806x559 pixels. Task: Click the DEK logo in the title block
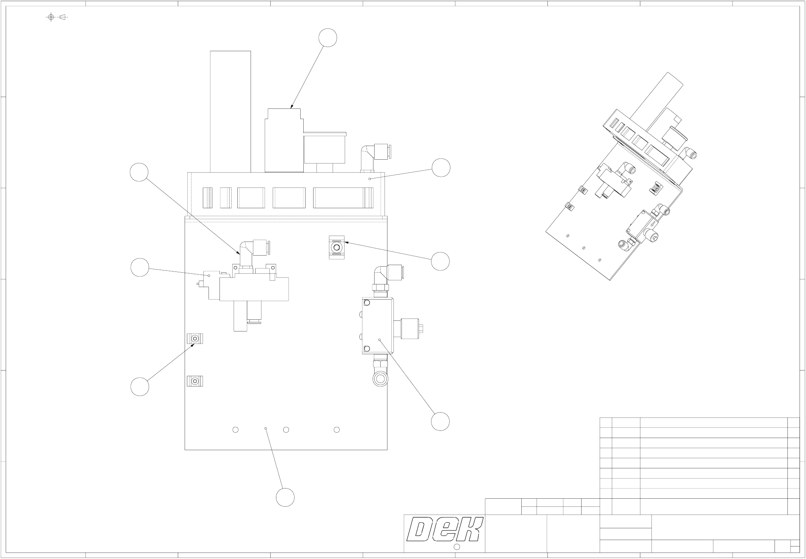pos(444,530)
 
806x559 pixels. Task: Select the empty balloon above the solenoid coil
pos(328,38)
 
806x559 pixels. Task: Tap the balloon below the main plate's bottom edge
pos(285,497)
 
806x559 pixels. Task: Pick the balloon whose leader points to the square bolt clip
pos(441,261)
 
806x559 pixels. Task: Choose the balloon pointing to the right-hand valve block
pos(441,421)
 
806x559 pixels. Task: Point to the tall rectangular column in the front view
pos(231,111)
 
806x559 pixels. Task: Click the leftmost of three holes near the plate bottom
pos(235,430)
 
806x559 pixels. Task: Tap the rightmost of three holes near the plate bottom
pos(336,430)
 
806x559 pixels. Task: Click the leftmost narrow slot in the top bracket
pos(207,198)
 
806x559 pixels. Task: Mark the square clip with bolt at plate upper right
pos(337,247)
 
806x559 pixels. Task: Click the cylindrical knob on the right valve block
pos(410,328)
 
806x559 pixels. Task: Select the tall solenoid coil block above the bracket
pos(284,140)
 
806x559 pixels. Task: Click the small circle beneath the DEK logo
pos(457,546)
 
